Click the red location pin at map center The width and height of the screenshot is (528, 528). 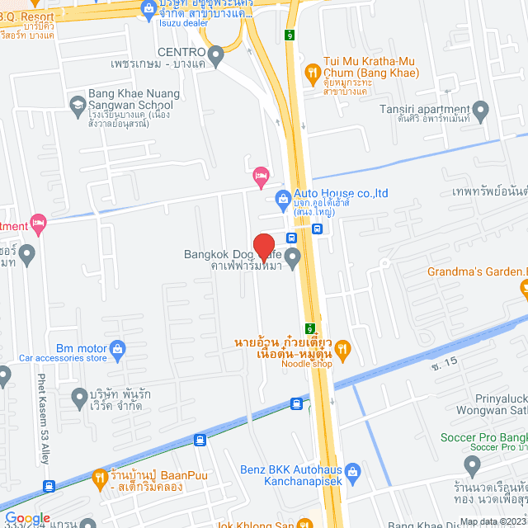point(263,247)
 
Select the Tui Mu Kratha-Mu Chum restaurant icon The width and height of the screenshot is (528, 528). point(312,73)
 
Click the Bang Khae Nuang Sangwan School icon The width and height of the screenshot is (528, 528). point(78,105)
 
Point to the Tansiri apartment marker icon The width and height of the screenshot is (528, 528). point(481,109)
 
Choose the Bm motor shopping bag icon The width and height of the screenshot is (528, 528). point(117,349)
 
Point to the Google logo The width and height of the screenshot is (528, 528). point(27,518)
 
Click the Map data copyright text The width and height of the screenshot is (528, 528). point(492,521)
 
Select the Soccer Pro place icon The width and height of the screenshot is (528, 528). point(473,467)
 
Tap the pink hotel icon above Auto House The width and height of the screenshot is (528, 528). point(261,175)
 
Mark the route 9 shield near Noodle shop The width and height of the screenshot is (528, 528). point(310,328)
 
